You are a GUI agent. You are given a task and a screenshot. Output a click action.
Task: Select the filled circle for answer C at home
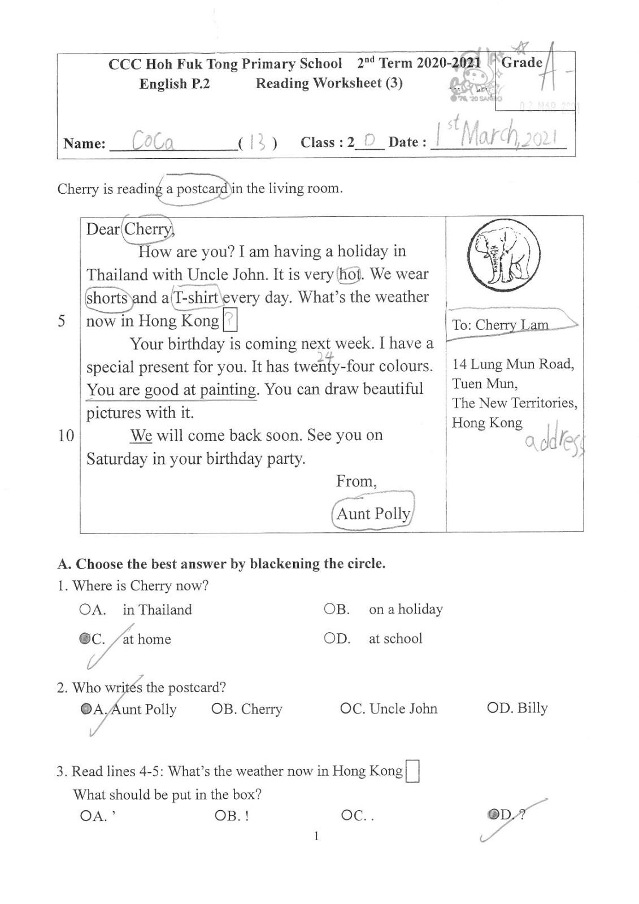[85, 639]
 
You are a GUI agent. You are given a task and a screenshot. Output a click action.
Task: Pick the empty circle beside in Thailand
[84, 610]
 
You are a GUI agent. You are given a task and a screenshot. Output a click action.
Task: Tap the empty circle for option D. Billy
[492, 708]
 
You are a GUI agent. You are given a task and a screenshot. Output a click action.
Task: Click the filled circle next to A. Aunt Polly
[86, 709]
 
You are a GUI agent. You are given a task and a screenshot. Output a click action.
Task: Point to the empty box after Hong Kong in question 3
[412, 772]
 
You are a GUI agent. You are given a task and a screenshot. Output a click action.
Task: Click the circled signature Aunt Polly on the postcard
[373, 513]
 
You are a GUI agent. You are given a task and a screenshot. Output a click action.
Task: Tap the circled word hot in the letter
[350, 275]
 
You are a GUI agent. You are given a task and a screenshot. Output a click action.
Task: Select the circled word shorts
[107, 298]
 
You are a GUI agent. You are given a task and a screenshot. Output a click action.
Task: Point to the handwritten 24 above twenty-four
[324, 355]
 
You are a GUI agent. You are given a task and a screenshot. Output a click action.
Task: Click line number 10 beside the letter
[66, 436]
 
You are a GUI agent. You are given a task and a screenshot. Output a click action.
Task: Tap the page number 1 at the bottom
[316, 836]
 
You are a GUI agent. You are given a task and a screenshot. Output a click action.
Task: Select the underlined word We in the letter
[141, 436]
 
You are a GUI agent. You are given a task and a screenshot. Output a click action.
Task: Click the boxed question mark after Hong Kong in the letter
[229, 321]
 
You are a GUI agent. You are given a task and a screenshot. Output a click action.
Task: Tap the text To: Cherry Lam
[500, 325]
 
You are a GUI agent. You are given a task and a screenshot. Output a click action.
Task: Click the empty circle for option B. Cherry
[216, 709]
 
